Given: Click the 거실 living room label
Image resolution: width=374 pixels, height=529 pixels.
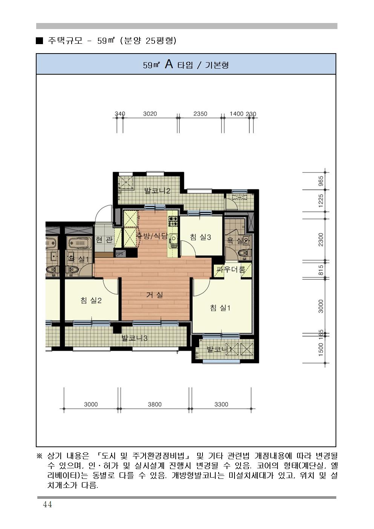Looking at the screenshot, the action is pyautogui.click(x=155, y=294).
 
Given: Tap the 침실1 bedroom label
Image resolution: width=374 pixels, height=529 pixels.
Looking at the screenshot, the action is pyautogui.click(x=220, y=308).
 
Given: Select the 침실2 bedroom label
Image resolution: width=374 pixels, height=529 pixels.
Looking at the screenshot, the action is pyautogui.click(x=91, y=300).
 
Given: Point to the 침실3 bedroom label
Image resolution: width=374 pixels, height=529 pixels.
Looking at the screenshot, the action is pyautogui.click(x=201, y=237).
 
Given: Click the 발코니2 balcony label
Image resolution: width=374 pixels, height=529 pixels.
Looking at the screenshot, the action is pyautogui.click(x=157, y=190).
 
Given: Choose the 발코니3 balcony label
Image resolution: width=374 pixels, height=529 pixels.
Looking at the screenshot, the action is pyautogui.click(x=134, y=338).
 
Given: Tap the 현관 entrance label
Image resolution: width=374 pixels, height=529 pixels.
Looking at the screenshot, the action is pyautogui.click(x=104, y=240).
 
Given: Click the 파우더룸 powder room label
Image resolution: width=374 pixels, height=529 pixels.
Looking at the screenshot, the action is pyautogui.click(x=231, y=269).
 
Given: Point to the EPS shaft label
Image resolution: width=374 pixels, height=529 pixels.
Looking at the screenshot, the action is pyautogui.click(x=120, y=254).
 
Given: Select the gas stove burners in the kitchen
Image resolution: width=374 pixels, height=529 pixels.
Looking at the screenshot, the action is pyautogui.click(x=173, y=221).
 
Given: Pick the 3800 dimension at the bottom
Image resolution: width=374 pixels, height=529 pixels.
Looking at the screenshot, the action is pyautogui.click(x=155, y=404).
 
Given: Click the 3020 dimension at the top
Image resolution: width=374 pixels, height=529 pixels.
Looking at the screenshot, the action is pyautogui.click(x=150, y=113).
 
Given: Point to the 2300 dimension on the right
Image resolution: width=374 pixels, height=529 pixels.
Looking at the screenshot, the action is pyautogui.click(x=320, y=239).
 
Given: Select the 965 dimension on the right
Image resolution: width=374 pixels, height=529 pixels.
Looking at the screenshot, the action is pyautogui.click(x=320, y=181).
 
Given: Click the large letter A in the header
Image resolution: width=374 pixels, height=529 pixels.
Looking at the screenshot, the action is pyautogui.click(x=169, y=64).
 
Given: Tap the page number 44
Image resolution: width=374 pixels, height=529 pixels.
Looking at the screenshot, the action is pyautogui.click(x=47, y=504).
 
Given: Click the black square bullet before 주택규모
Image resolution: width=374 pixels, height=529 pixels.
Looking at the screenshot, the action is pyautogui.click(x=40, y=41).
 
